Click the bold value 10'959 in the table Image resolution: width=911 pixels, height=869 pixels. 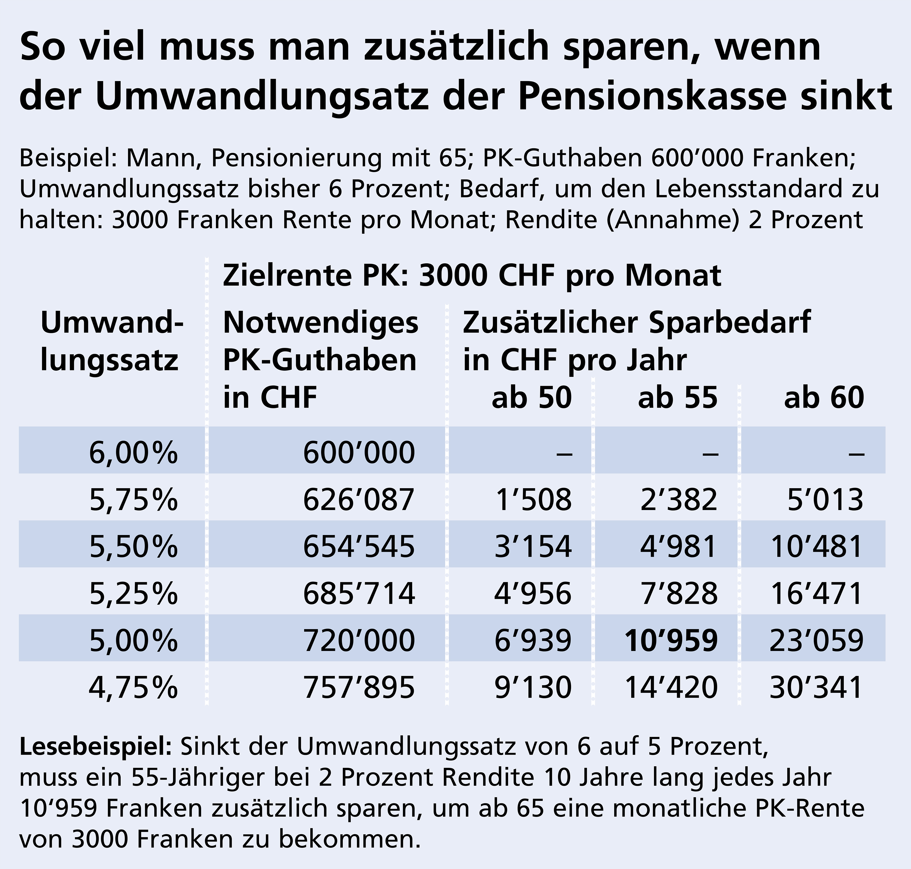coord(671,640)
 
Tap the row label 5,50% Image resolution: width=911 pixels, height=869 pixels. coord(134,546)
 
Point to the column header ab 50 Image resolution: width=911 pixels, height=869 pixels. coord(532,397)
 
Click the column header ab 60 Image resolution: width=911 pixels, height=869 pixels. coord(824,397)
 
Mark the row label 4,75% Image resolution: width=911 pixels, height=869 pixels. coord(134,687)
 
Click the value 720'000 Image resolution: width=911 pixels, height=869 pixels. coord(359,640)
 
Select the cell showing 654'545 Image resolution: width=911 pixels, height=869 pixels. coord(359,546)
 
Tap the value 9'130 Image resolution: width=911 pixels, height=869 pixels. coord(532,687)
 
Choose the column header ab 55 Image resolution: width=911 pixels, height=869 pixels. coord(677,397)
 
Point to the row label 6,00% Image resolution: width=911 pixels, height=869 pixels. coord(134,453)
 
